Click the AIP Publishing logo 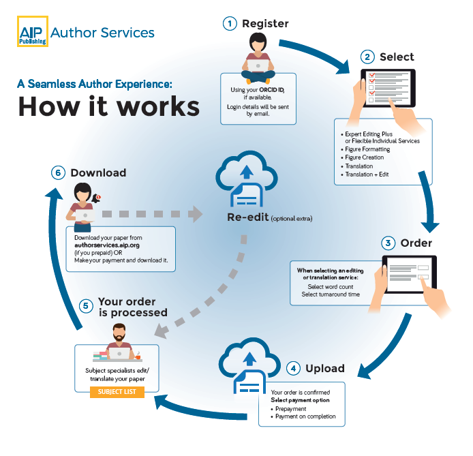[x=32, y=31]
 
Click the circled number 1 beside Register [x=231, y=23]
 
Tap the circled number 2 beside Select [x=368, y=57]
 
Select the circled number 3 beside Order [x=388, y=243]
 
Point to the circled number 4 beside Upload [x=293, y=368]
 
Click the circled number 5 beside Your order [x=86, y=306]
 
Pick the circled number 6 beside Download [x=58, y=172]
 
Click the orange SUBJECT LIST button [x=117, y=392]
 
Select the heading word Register [x=265, y=23]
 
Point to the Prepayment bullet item [x=294, y=408]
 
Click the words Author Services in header [x=103, y=32]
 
